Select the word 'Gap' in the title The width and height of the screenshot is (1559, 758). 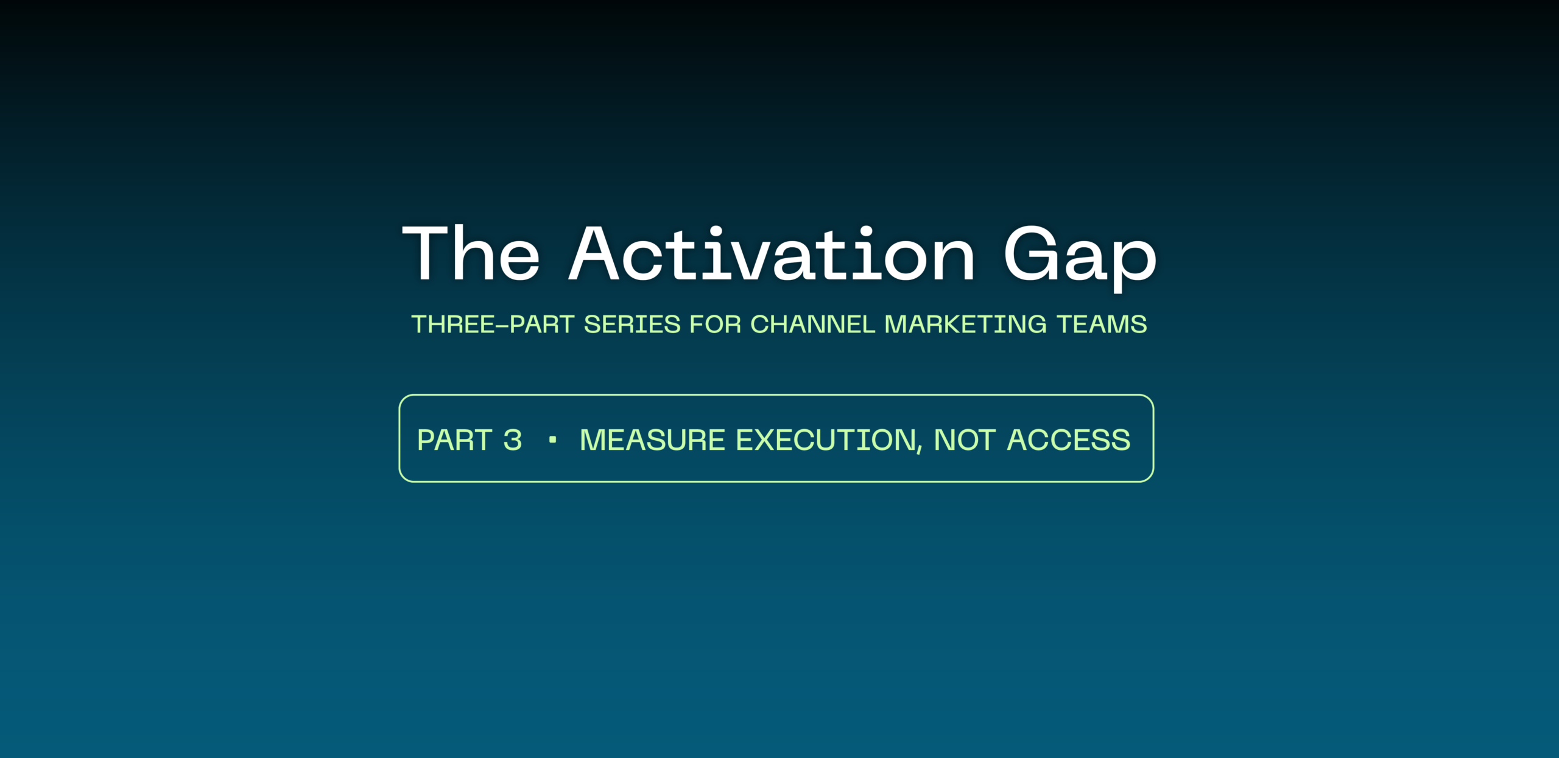tap(1080, 259)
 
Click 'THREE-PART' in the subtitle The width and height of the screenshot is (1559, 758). tap(493, 325)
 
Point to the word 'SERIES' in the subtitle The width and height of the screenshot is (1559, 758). tap(632, 325)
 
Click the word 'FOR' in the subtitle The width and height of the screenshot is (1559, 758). tap(716, 325)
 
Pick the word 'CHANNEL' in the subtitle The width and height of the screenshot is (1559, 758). tap(813, 325)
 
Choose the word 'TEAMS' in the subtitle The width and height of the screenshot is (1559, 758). tap(1102, 325)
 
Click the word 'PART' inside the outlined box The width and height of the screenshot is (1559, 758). tap(455, 440)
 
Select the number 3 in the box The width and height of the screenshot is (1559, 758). tap(513, 440)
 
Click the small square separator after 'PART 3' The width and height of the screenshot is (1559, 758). tap(552, 440)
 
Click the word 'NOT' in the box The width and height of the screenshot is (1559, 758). tap(965, 440)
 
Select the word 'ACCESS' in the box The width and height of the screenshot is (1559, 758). tap(1069, 440)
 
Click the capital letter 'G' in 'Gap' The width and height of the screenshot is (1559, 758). tap(1030, 253)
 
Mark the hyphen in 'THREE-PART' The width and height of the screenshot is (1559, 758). tap(502, 326)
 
